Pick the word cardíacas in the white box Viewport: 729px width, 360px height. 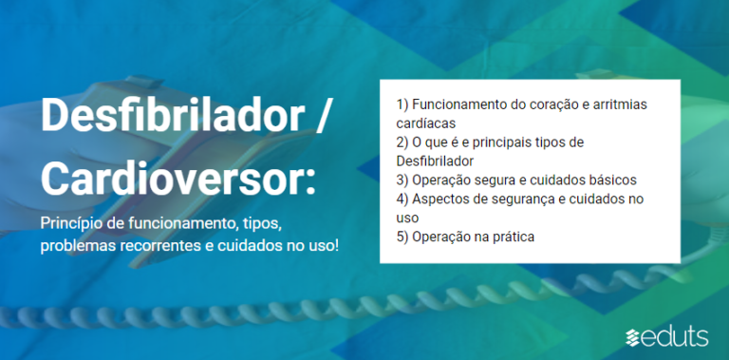click(426, 123)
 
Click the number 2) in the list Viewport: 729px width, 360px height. click(402, 142)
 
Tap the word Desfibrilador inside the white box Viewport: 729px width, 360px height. click(435, 161)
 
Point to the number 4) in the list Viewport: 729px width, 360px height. click(402, 199)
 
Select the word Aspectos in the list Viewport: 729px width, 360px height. click(442, 199)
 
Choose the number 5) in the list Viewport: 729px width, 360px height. click(402, 237)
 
